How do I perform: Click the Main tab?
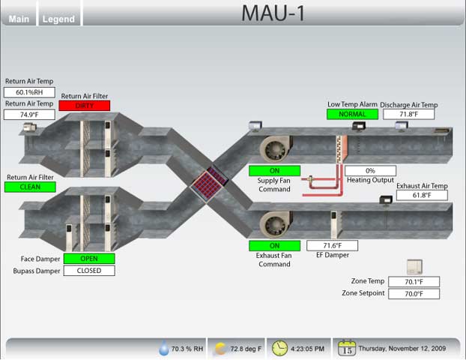[19, 19]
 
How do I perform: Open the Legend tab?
[58, 19]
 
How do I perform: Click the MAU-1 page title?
[273, 13]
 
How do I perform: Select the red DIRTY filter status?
[84, 106]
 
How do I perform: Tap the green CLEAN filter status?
[30, 187]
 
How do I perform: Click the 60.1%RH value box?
[30, 92]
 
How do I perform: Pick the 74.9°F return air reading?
[30, 115]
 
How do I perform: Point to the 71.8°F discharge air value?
[408, 115]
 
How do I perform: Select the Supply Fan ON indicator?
[274, 170]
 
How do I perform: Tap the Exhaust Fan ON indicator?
[274, 245]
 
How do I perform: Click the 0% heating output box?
[370, 171]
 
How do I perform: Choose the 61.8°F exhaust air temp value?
[422, 195]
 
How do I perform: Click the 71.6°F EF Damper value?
[332, 245]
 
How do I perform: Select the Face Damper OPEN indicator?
[89, 259]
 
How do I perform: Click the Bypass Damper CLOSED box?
[89, 271]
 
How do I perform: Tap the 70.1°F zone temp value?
[414, 282]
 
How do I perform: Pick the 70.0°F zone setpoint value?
[414, 294]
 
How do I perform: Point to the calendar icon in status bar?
[347, 348]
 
